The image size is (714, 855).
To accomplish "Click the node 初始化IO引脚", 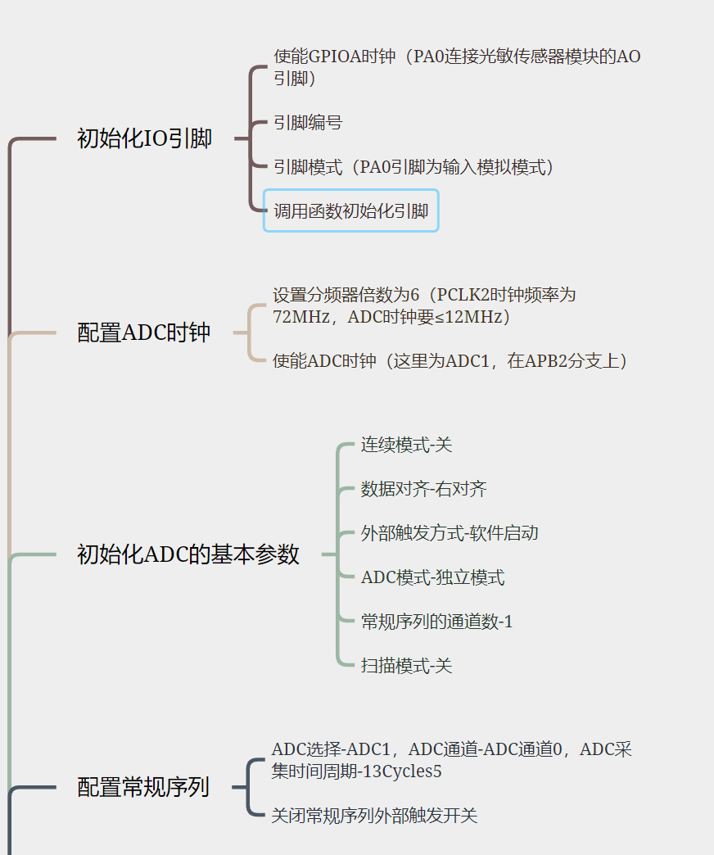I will [x=144, y=138].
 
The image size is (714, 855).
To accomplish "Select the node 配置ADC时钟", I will [x=143, y=332].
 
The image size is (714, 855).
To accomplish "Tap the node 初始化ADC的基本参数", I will [x=188, y=554].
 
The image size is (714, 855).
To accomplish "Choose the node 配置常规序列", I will [x=143, y=787].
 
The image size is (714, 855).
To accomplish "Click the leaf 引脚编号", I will [x=308, y=123].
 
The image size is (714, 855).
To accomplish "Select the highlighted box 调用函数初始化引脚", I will [x=350, y=211].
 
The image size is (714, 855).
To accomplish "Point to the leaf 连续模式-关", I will [x=406, y=445].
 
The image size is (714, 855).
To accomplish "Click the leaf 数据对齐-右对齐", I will [x=423, y=489].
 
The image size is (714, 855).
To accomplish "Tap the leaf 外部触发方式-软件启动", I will [x=450, y=533].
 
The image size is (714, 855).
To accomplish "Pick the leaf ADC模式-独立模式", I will [x=432, y=577].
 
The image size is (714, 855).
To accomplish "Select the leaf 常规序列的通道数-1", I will [x=436, y=622].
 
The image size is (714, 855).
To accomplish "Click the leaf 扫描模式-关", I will [x=406, y=666].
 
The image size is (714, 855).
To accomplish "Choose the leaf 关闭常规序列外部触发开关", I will [x=374, y=815].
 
